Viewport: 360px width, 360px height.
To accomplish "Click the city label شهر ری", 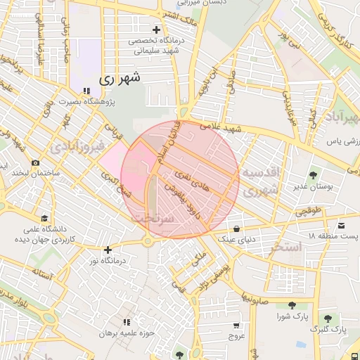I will point(120,79).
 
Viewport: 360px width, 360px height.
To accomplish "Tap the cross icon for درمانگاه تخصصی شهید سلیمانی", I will point(156,30).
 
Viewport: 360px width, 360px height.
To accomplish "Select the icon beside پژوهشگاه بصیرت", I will point(86,91).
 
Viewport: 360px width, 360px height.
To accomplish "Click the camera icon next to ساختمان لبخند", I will point(36,163).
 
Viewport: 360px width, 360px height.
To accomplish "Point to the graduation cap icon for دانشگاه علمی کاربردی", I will point(45,218).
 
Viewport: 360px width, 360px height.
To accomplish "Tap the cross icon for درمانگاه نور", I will point(108,250).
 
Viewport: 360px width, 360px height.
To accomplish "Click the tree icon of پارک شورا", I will point(291,305).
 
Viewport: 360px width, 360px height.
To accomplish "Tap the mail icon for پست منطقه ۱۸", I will point(341,225).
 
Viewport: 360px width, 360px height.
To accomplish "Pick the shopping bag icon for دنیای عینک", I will point(236,229).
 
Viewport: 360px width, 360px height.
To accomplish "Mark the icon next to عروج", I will point(236,326).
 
